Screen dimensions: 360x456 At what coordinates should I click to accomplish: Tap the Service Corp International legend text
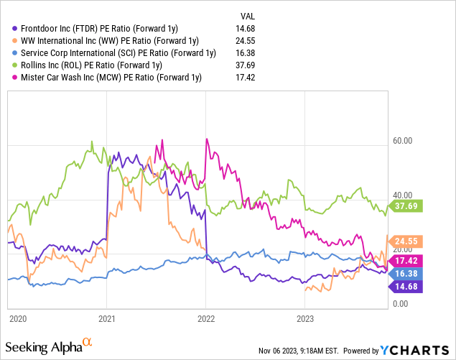pos(118,52)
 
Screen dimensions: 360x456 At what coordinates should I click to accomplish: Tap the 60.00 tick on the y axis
pos(402,141)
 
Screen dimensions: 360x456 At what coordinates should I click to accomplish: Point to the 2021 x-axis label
pos(107,318)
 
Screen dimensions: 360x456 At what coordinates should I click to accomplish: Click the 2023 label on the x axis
pos(305,318)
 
